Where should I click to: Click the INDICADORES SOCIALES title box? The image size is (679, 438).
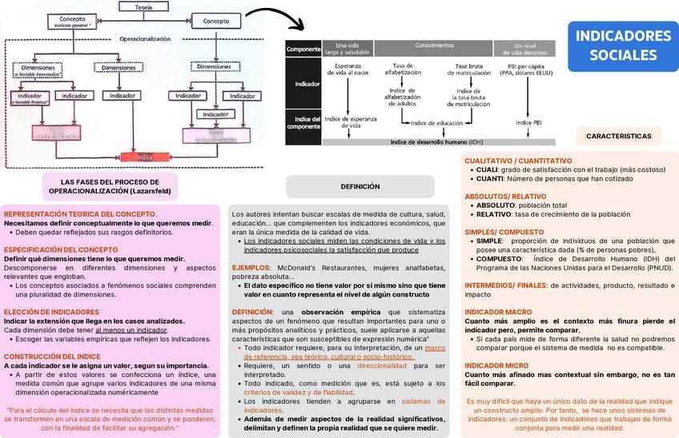[x=624, y=45]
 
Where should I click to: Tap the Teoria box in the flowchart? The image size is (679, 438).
[x=144, y=6]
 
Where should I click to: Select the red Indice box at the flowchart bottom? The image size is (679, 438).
[x=144, y=157]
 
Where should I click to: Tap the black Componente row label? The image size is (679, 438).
[x=303, y=49]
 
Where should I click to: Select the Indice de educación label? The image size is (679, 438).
[x=436, y=123]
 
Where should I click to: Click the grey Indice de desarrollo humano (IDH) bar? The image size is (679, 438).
[x=436, y=142]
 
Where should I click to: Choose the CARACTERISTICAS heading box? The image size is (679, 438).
[x=618, y=136]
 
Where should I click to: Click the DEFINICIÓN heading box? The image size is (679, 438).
[x=360, y=186]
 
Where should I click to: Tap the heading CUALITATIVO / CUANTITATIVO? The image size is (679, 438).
[x=518, y=161]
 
